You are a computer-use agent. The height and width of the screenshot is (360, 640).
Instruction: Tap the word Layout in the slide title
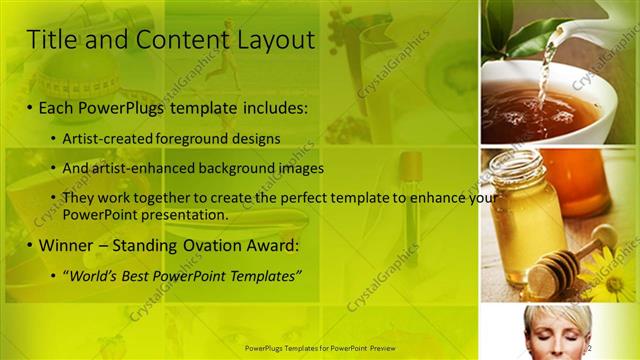tap(275, 40)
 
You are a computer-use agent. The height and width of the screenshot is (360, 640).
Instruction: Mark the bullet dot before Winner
tap(30, 246)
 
